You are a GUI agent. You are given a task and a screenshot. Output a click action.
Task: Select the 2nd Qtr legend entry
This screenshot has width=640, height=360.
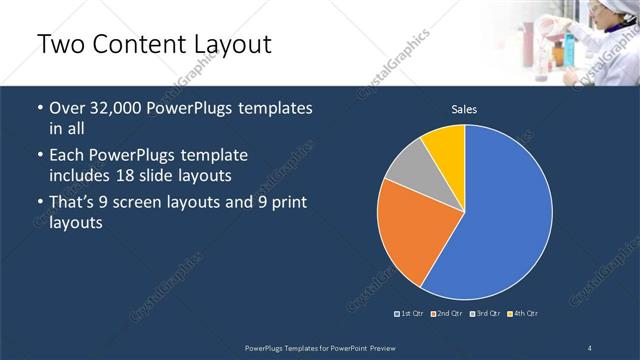point(448,314)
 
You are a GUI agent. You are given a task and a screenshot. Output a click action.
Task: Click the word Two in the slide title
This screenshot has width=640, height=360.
point(59,45)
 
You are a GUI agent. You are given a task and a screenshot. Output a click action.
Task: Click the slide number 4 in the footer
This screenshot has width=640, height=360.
point(590,347)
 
